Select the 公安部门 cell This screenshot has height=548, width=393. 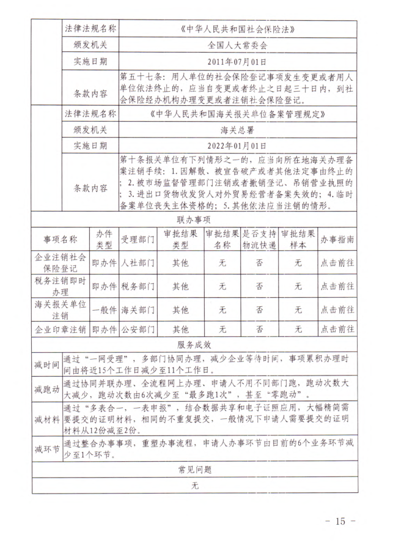point(138,330)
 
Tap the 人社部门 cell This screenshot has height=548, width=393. point(138,262)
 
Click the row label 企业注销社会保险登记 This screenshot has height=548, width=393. point(61,262)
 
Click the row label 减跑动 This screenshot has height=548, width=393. point(47,389)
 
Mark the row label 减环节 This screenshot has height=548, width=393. point(47,450)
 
